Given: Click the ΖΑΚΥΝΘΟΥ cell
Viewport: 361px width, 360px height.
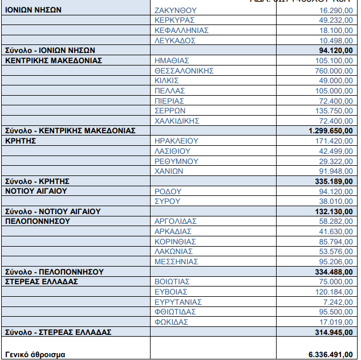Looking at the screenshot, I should tap(175, 10).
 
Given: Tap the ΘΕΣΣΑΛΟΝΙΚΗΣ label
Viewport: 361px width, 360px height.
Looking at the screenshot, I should tap(184, 71).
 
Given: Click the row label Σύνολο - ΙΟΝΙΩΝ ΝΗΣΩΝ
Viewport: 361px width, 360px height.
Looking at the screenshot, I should tap(50, 51).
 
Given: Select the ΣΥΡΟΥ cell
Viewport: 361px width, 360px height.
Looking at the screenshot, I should tap(168, 201).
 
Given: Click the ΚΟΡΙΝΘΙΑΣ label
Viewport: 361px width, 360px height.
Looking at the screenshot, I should tap(175, 242).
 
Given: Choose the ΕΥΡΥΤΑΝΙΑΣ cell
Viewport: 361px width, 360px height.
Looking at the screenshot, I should tap(178, 302).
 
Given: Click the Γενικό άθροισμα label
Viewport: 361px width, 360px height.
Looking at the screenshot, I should tap(35, 354).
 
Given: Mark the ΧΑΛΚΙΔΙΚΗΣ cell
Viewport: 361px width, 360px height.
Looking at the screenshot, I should tap(177, 121).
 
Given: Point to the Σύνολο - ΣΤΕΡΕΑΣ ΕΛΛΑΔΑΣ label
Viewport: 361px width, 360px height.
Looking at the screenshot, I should tap(58, 332).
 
